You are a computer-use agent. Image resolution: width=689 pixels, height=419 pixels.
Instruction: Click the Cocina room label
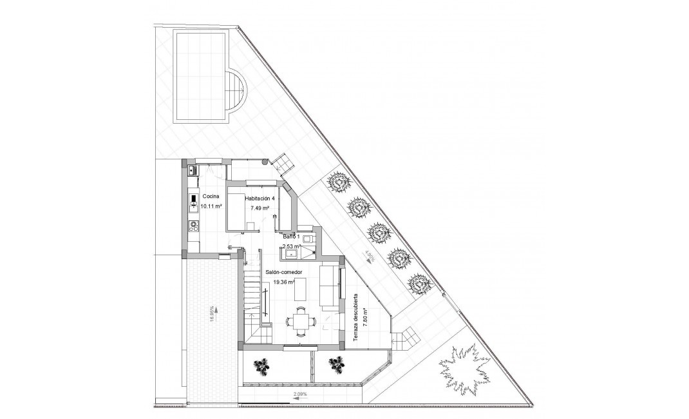pyautogui.click(x=211, y=196)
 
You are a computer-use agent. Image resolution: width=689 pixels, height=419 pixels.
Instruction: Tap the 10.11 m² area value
pyautogui.click(x=211, y=206)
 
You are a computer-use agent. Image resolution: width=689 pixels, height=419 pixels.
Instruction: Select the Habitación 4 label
pyautogui.click(x=260, y=199)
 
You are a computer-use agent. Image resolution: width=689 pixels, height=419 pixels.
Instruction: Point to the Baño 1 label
pyautogui.click(x=292, y=237)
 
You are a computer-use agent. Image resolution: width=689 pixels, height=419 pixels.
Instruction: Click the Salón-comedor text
pyautogui.click(x=278, y=273)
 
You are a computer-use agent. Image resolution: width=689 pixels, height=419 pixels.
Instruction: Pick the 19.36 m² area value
pyautogui.click(x=283, y=282)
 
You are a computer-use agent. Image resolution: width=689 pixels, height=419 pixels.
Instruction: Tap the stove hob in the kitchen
pyautogui.click(x=193, y=225)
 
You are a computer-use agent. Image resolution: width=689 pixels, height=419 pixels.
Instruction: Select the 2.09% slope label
pyautogui.click(x=300, y=393)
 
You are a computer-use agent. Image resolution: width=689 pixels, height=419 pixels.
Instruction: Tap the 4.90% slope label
pyautogui.click(x=370, y=257)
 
